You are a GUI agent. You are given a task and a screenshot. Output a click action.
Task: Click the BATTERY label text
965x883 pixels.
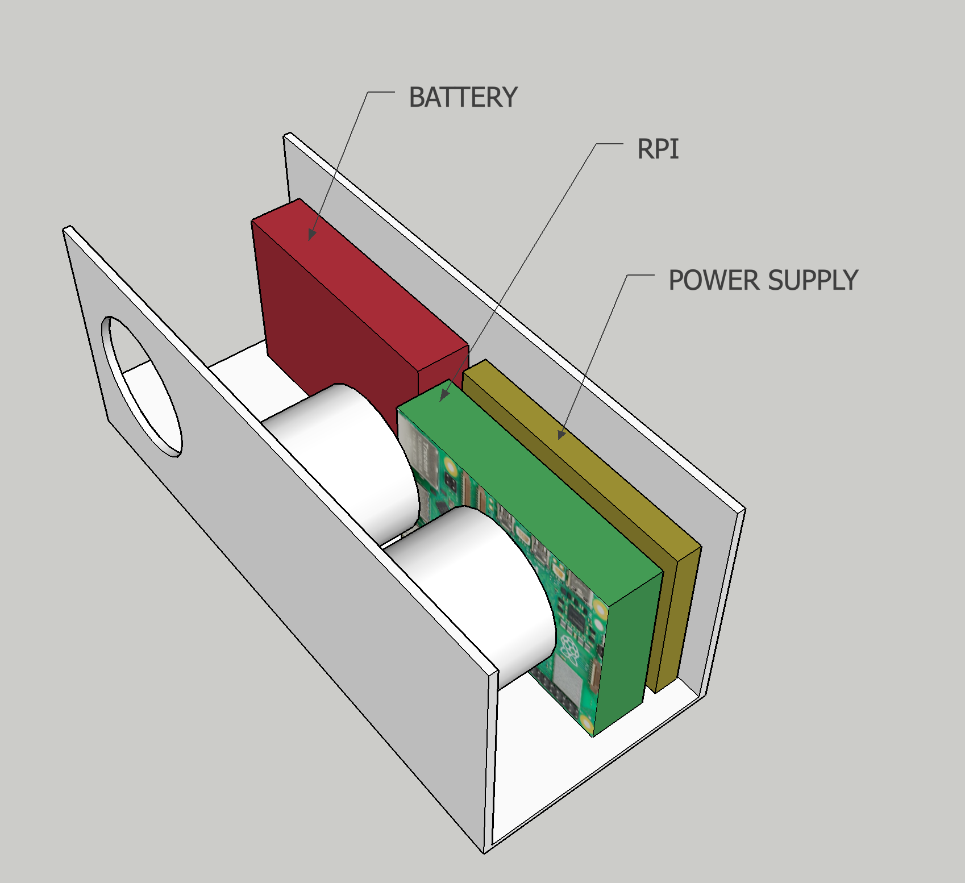[x=463, y=97]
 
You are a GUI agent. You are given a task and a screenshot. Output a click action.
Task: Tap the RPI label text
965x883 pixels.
[x=658, y=149]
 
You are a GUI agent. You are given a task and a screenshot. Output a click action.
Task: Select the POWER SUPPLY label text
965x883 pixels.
[x=763, y=280]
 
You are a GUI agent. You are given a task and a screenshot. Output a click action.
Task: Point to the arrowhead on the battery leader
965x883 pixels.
[x=311, y=234]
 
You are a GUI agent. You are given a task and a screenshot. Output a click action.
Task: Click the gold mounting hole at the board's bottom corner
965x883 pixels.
[x=587, y=724]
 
